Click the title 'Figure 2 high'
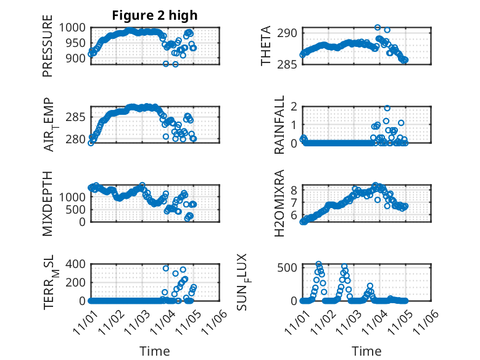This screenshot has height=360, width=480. click(x=155, y=16)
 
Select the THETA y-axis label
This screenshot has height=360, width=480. click(x=266, y=46)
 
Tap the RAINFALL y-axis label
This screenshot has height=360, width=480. click(x=279, y=125)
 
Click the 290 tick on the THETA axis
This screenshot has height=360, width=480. click(x=290, y=33)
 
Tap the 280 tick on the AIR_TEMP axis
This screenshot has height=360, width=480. click(x=79, y=139)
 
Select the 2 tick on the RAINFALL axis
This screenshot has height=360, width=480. click(x=294, y=106)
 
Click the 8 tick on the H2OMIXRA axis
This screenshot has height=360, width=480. click(x=294, y=190)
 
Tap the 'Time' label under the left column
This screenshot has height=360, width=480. click(x=155, y=351)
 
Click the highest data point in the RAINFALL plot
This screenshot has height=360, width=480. click(x=387, y=108)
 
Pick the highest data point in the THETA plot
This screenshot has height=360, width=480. click(x=378, y=27)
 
